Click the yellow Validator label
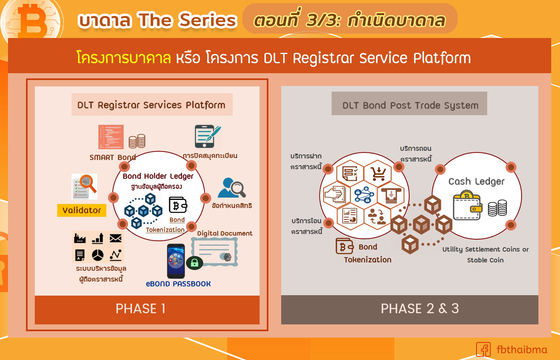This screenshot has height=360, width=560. click(82, 210)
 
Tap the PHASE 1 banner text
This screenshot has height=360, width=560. click(140, 309)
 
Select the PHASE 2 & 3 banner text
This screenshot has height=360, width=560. click(420, 309)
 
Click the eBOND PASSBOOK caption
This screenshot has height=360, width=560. click(178, 284)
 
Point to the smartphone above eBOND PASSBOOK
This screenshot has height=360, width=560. click(176, 261)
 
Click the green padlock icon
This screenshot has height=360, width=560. click(194, 262)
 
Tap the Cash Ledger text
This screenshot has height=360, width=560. click(476, 182)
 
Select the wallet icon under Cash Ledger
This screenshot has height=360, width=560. click(467, 206)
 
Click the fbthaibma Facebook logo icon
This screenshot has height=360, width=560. click(483, 350)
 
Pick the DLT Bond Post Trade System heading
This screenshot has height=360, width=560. click(410, 106)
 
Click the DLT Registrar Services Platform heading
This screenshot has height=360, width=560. click(151, 105)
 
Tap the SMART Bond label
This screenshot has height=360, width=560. click(112, 158)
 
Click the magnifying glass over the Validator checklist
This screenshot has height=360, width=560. click(88, 183)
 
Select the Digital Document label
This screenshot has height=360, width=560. click(224, 234)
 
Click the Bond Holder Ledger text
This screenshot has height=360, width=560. click(158, 176)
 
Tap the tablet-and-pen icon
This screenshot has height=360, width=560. click(207, 136)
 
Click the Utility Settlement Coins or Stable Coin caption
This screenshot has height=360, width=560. click(485, 254)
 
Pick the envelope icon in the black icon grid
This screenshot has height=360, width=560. click(116, 239)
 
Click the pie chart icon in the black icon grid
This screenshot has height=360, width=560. click(98, 255)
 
